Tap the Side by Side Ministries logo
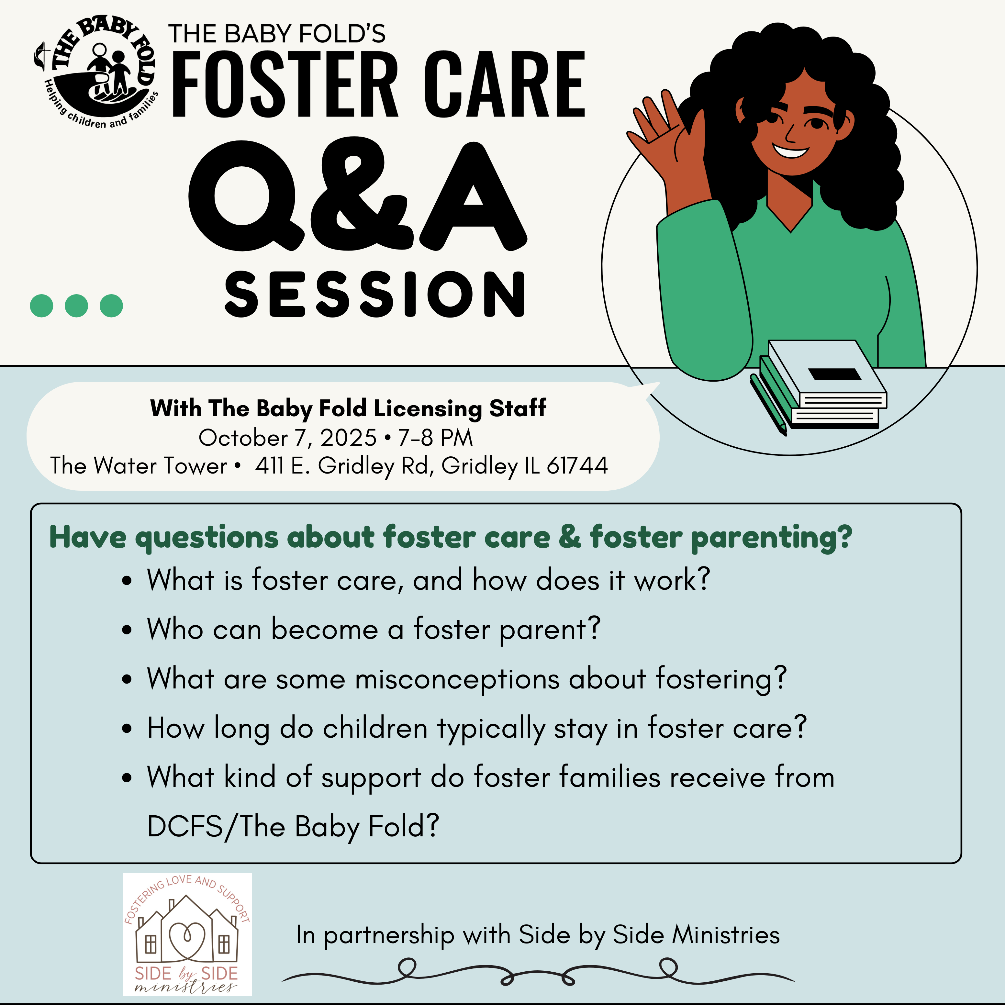[x=187, y=934]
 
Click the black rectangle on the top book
[x=835, y=374]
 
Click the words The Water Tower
[x=139, y=465]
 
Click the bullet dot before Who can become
[x=127, y=630]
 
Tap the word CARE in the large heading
[x=504, y=84]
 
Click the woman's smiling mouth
[x=790, y=152]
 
